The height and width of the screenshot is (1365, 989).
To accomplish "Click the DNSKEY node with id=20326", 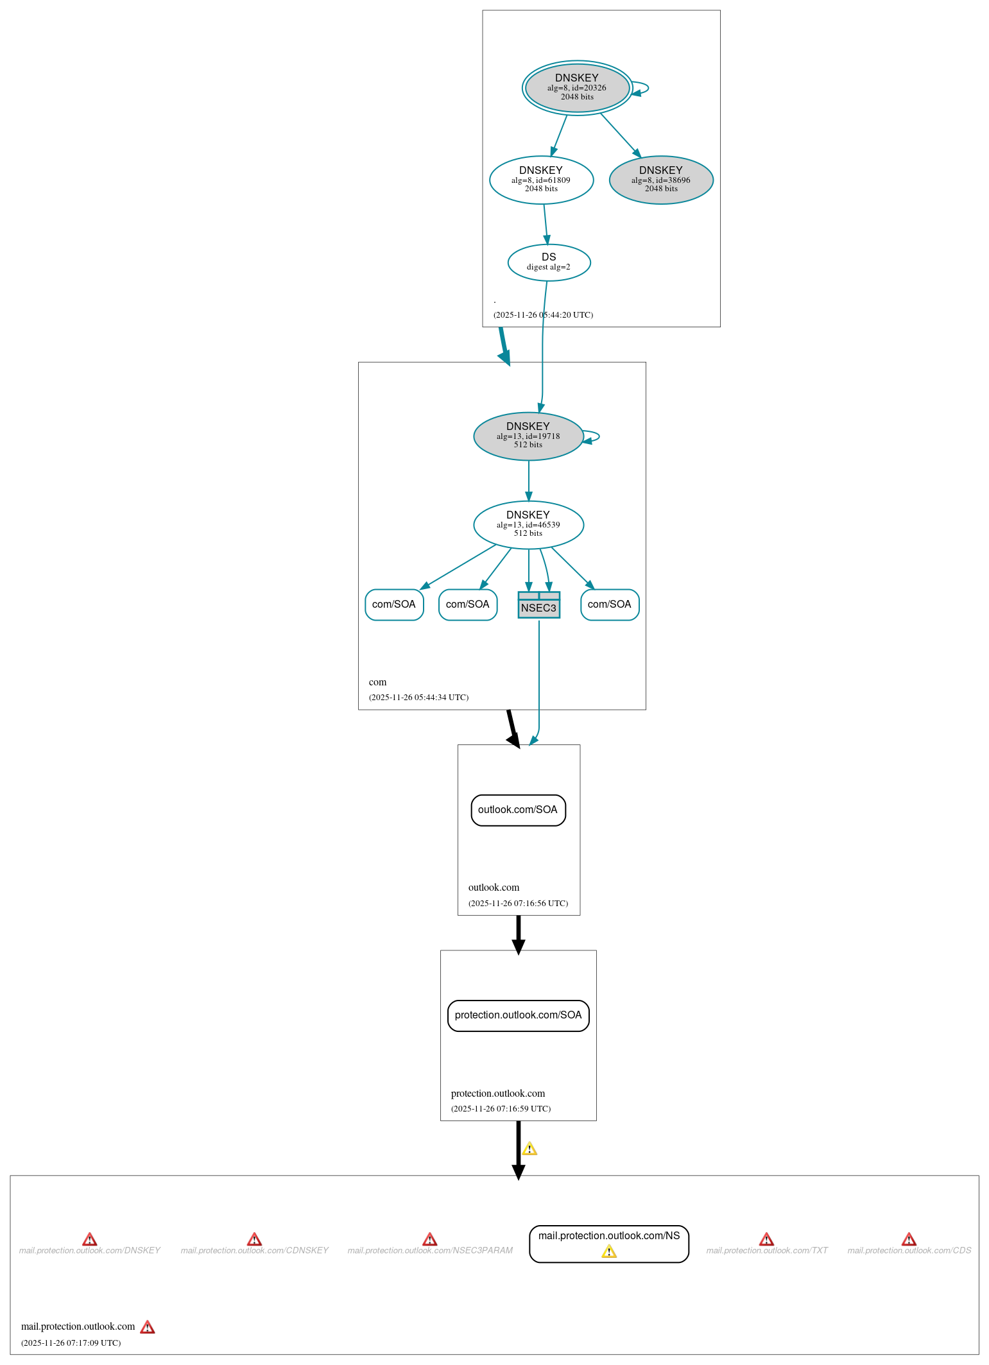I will (x=576, y=88).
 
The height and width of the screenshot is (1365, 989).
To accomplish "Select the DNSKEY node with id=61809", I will (x=540, y=180).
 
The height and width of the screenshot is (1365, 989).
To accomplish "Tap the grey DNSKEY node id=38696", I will (x=660, y=180).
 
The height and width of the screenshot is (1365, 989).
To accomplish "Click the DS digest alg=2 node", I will (x=548, y=262).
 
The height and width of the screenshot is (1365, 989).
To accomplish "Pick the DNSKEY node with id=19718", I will (x=528, y=436).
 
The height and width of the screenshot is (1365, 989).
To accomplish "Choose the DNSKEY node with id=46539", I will (x=528, y=525).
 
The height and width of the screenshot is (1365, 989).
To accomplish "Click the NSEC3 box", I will (x=538, y=605).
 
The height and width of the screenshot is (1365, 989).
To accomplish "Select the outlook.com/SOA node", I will (x=517, y=810).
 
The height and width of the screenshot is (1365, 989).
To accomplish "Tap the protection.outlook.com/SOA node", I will (x=517, y=1015).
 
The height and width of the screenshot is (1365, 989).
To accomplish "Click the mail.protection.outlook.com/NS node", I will (x=608, y=1236).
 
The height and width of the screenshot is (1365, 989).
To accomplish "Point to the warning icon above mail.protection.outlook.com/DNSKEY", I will (x=90, y=1239).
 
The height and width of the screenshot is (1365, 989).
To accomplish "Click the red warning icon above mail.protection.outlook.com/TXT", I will (x=766, y=1239).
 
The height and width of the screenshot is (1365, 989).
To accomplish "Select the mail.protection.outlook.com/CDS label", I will (x=909, y=1251).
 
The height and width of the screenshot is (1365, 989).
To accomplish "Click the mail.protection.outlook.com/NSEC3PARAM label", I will (x=430, y=1251).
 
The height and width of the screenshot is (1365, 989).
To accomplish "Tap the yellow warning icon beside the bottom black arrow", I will (x=529, y=1149).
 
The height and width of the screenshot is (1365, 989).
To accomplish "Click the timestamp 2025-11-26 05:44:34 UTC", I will (x=418, y=698).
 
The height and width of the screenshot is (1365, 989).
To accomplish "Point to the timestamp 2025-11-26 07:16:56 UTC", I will (x=518, y=904).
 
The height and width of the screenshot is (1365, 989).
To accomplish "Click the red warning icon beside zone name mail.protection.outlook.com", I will (x=148, y=1327).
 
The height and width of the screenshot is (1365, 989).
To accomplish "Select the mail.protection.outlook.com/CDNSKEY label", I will (x=254, y=1251).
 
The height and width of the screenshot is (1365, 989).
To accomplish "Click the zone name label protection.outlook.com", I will (x=497, y=1094).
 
